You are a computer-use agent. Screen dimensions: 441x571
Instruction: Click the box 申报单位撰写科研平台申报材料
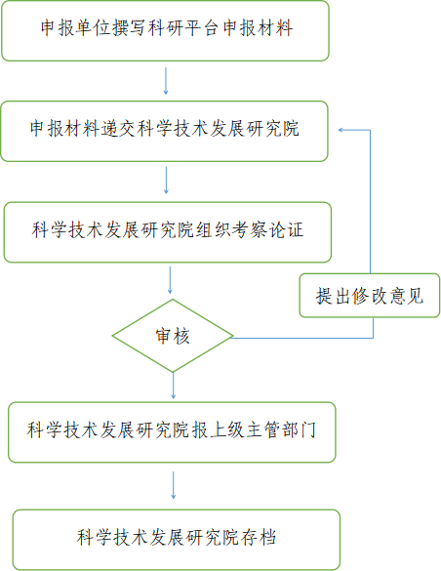coord(165,30)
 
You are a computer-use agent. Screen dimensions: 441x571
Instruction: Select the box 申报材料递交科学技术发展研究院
coord(165,131)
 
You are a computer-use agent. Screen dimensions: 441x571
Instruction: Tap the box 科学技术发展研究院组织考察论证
coord(168,232)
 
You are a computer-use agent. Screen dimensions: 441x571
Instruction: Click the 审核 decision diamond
coord(173,336)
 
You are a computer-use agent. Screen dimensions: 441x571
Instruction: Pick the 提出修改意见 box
coord(370,296)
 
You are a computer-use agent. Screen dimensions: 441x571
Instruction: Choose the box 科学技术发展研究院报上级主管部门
coord(172,432)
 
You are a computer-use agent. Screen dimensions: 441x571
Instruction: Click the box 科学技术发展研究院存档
coord(177,540)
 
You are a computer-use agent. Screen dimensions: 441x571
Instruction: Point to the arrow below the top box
coord(166,81)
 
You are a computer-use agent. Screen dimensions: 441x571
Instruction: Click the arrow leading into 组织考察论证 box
coord(166,181)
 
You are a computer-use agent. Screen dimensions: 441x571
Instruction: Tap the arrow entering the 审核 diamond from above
coord(170,280)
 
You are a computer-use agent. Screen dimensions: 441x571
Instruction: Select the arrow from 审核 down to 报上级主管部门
coord(174,386)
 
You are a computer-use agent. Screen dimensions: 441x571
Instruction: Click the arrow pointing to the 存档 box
coord(174,485)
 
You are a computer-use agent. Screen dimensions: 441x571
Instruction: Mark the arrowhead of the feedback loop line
coord(341,130)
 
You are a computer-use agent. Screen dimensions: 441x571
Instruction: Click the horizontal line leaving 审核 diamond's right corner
coord(302,338)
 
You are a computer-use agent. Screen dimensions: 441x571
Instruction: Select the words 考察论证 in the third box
coord(267,229)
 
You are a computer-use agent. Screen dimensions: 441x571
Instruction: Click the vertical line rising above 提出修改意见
coord(371,201)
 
